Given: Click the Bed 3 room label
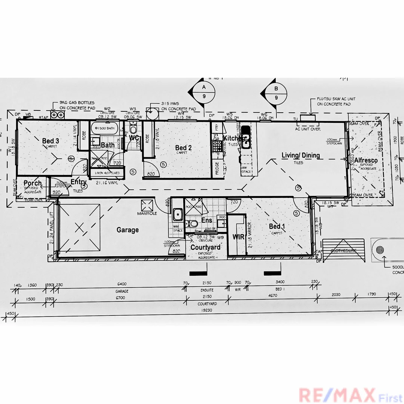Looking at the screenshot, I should click(50, 141).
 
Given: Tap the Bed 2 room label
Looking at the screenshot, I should click(183, 148).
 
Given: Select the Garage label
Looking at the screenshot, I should click(128, 230).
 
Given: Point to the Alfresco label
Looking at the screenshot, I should click(366, 160).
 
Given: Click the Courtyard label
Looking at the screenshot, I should click(205, 247).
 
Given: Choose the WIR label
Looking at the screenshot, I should click(238, 237).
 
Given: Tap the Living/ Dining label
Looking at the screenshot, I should click(301, 155).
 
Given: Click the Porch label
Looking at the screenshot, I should click(33, 183).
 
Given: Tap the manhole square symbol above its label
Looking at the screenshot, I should click(147, 205).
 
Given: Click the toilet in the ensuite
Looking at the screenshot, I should click(193, 224).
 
